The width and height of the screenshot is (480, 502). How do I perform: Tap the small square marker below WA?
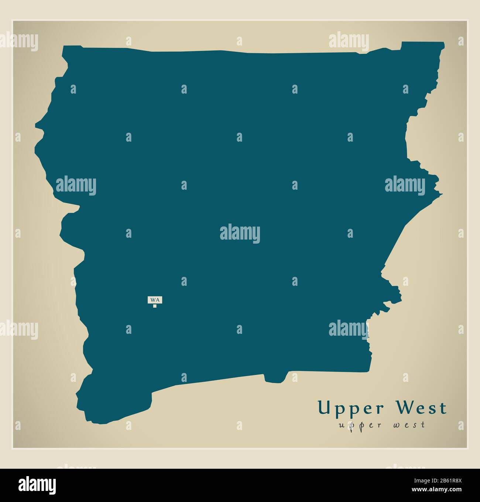click(x=155, y=306)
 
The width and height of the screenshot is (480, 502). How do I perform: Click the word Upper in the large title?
click(x=346, y=408)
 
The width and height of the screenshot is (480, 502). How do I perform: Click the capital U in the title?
click(x=324, y=408)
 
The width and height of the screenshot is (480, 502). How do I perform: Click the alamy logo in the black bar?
click(x=37, y=484)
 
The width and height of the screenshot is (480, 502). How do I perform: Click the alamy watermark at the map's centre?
click(x=240, y=234)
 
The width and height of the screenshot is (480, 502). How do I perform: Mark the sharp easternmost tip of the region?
click(x=442, y=194)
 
